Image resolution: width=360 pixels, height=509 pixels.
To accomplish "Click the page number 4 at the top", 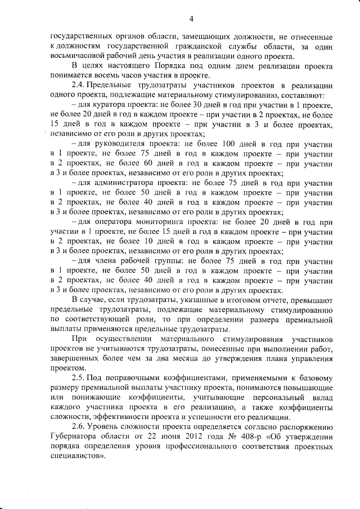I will click(191, 19).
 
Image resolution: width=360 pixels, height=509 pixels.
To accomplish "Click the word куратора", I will click(109, 105).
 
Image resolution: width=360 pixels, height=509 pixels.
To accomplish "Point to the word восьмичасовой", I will click(77, 56).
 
